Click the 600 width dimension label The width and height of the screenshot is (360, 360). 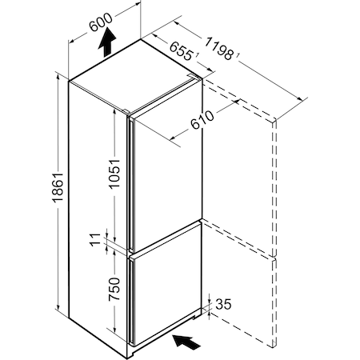pyautogui.click(x=100, y=22)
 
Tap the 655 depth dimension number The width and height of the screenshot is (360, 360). pyautogui.click(x=181, y=50)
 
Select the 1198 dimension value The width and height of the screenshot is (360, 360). pyautogui.click(x=218, y=49)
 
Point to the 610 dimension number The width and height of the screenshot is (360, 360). pyautogui.click(x=202, y=120)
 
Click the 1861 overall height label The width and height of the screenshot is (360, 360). pyautogui.click(x=58, y=187)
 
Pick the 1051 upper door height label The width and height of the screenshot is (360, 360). pyautogui.click(x=115, y=174)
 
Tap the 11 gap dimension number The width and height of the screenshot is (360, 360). pyautogui.click(x=96, y=239)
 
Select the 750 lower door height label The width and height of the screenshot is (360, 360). pyautogui.click(x=114, y=290)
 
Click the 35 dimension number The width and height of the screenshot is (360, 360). pyautogui.click(x=223, y=304)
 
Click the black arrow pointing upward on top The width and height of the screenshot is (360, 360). pyautogui.click(x=107, y=42)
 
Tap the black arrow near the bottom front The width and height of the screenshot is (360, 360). pyautogui.click(x=186, y=342)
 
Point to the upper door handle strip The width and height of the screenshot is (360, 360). pyautogui.click(x=131, y=184)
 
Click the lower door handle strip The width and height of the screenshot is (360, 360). pyautogui.click(x=131, y=300)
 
